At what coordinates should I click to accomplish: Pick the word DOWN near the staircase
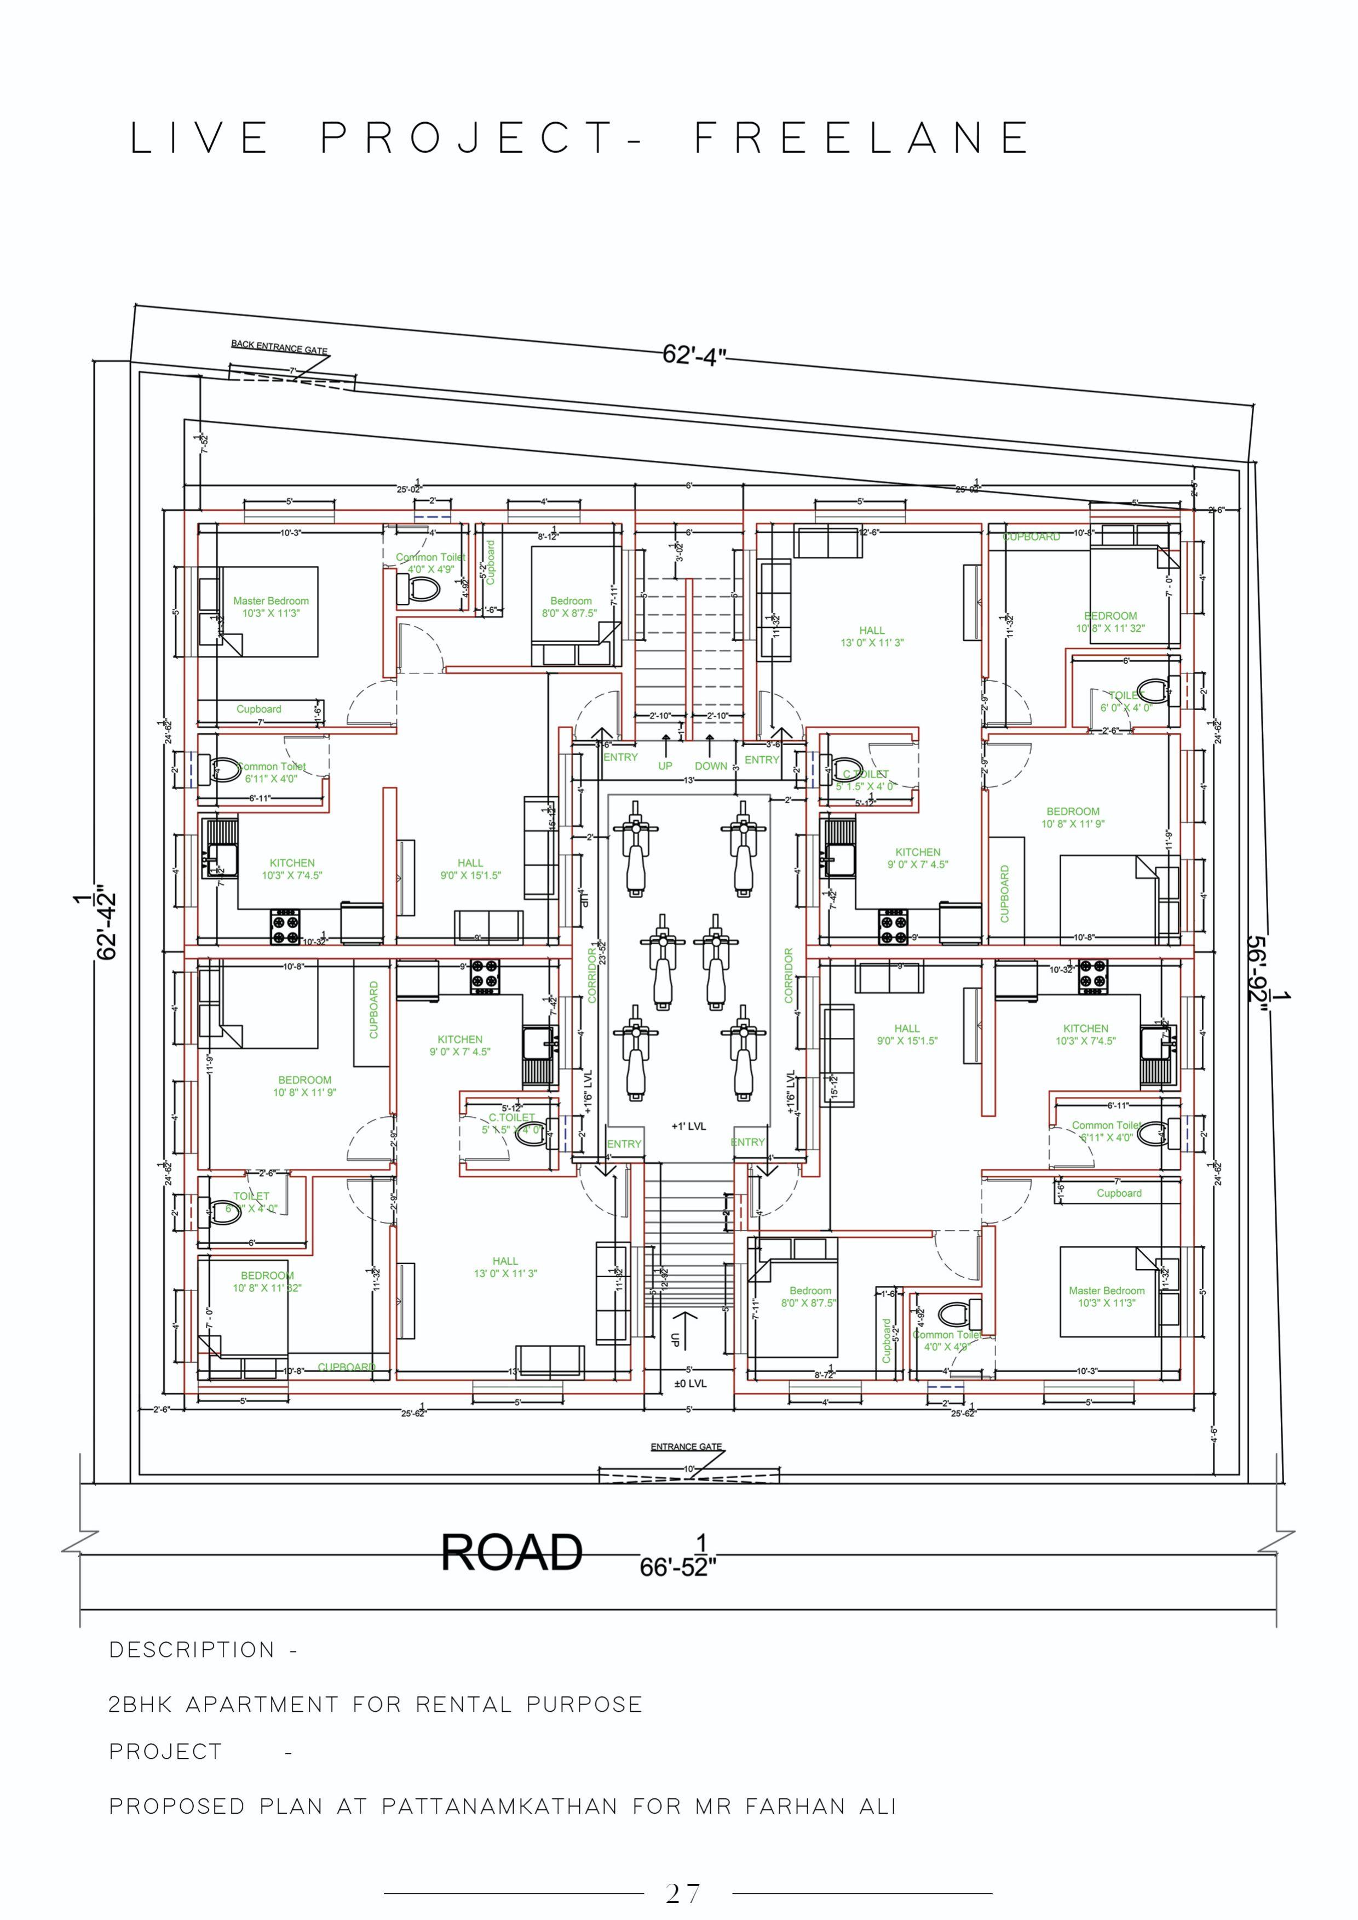click(711, 765)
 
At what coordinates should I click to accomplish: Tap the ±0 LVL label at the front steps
click(690, 1384)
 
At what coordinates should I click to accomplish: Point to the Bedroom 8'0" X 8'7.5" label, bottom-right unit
click(809, 1297)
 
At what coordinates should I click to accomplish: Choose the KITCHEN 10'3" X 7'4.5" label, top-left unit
click(292, 869)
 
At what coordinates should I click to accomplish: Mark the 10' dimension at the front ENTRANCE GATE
click(689, 1469)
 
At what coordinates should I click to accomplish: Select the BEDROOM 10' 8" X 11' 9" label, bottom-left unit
click(304, 1086)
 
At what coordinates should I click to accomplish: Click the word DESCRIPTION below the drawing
click(192, 1650)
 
